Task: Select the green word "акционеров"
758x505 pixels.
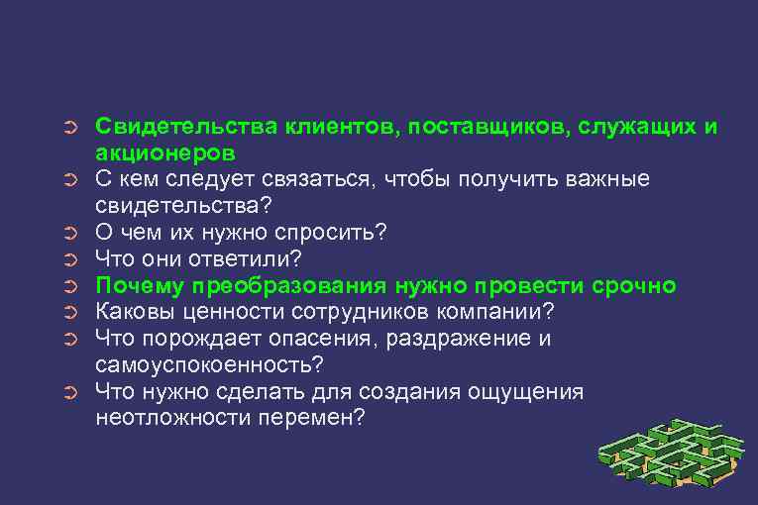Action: [x=165, y=154]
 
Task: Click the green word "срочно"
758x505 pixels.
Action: [x=633, y=286]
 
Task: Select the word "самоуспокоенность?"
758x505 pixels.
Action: [x=211, y=364]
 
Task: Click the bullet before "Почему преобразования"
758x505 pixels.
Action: [x=69, y=287]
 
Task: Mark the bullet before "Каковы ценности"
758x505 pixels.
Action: [x=69, y=313]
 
